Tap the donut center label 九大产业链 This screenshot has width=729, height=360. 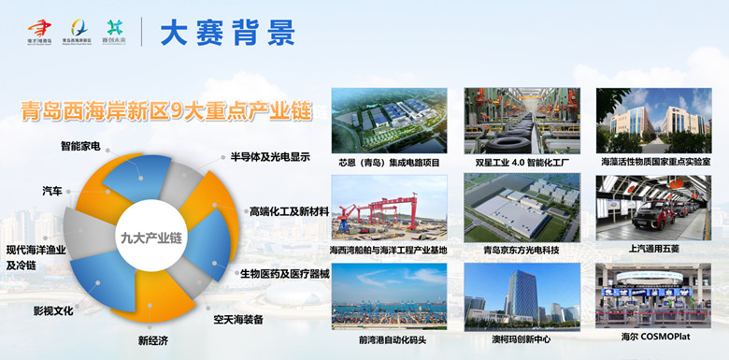pos(150,238)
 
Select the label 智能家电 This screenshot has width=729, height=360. pos(80,147)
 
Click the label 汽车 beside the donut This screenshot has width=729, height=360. pos(52,191)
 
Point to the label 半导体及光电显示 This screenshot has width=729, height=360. pos(270,157)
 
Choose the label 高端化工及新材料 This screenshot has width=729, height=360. pos(289,211)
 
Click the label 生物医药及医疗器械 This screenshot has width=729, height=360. pos(285,273)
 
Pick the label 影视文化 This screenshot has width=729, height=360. pos(53,310)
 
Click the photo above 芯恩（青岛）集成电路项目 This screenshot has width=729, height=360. pos(388,121)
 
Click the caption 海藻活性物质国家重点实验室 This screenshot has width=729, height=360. pos(655,162)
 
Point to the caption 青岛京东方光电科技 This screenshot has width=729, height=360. pos(521,250)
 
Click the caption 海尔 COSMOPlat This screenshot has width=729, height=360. pos(654,338)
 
